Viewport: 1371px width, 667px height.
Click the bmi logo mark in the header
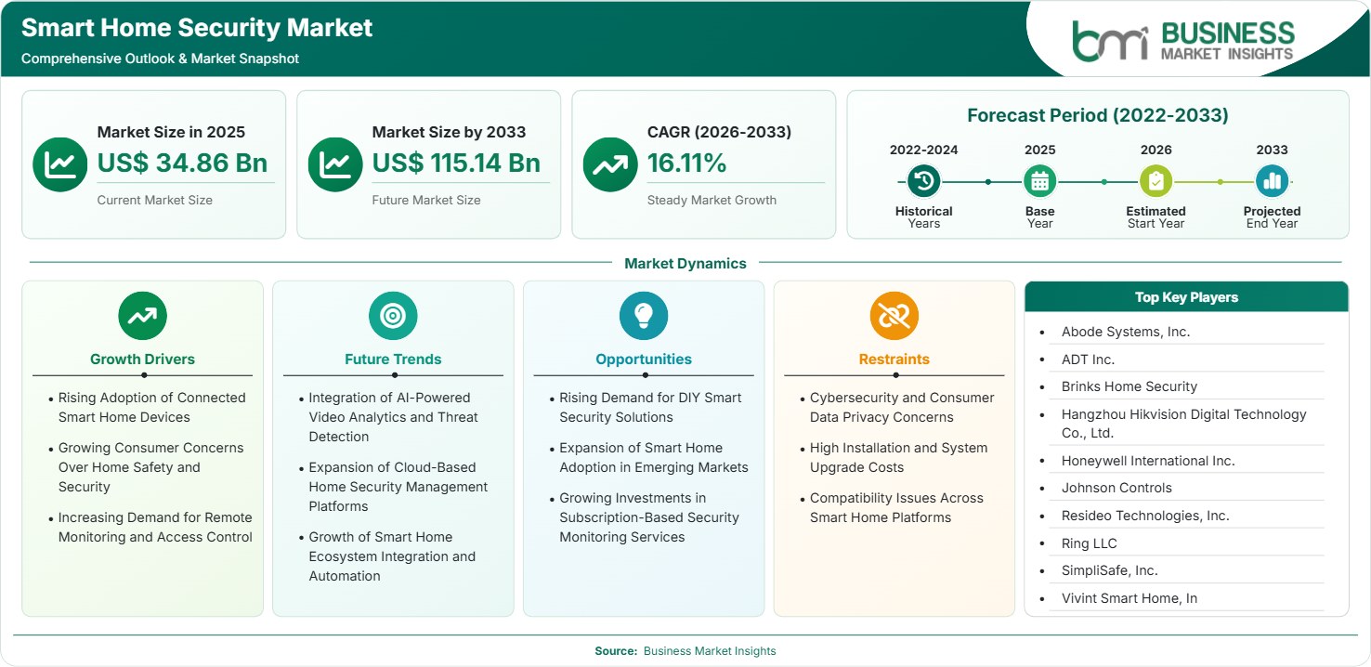[x=1110, y=41]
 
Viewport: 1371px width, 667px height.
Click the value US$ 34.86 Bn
[x=182, y=163]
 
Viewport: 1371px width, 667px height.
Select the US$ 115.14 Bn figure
[x=456, y=163]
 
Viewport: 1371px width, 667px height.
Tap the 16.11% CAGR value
[x=686, y=163]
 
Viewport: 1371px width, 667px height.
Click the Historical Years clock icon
[x=923, y=181]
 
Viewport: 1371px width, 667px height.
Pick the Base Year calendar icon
[x=1040, y=181]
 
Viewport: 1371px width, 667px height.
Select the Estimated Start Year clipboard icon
[x=1156, y=181]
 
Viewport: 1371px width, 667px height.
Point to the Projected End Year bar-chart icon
[x=1272, y=181]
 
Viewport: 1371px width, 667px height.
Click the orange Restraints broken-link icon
[x=894, y=316]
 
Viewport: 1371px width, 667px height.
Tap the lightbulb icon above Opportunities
[x=644, y=316]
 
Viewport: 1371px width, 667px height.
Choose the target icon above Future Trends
[x=393, y=316]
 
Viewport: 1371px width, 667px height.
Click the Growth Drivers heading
[x=143, y=360]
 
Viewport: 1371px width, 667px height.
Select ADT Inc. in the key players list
[x=1088, y=360]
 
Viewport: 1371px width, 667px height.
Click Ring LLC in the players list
[x=1089, y=543]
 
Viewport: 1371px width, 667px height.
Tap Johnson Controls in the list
[x=1116, y=488]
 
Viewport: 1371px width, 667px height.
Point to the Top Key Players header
[x=1186, y=297]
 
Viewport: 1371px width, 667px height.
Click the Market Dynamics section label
[x=685, y=264]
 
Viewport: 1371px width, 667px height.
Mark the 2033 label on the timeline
[x=1272, y=150]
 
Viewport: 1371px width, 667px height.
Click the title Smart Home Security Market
[x=197, y=28]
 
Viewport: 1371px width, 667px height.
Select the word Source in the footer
[x=615, y=651]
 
